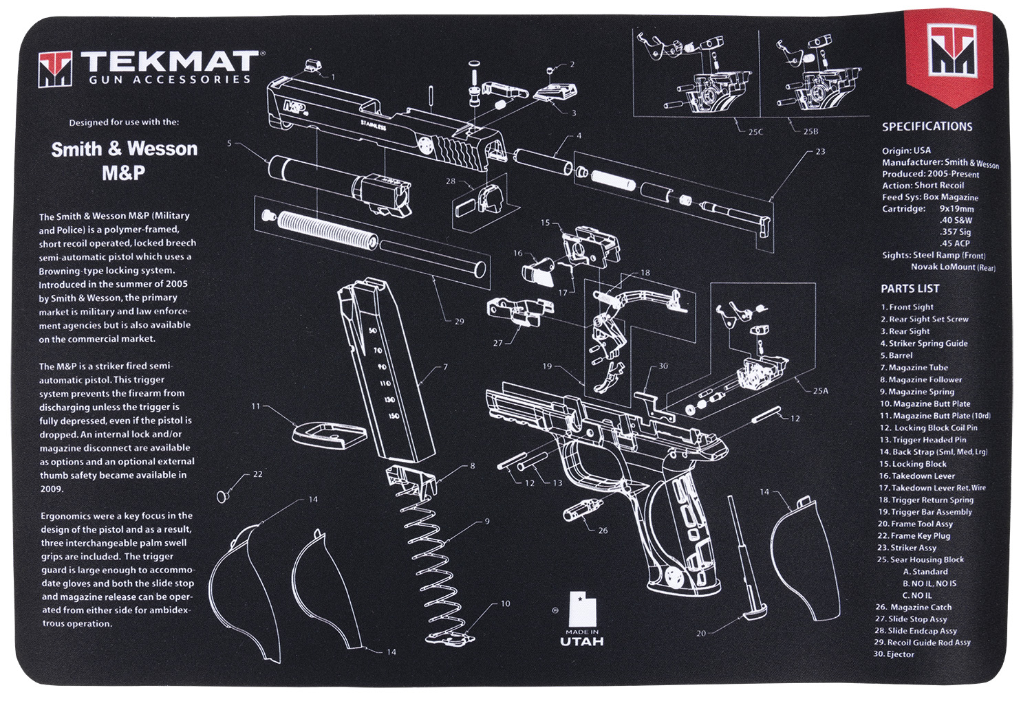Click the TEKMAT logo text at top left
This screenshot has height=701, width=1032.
tap(169, 62)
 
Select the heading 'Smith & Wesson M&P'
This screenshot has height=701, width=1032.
tap(124, 160)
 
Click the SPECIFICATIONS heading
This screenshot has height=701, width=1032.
tap(927, 126)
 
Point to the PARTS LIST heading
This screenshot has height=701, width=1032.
tap(910, 289)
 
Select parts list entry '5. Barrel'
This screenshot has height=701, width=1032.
tap(896, 355)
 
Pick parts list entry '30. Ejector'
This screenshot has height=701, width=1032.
tap(894, 654)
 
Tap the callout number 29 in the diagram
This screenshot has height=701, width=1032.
tap(459, 321)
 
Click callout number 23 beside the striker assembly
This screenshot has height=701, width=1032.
tap(820, 151)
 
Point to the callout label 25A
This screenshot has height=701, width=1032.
tap(820, 390)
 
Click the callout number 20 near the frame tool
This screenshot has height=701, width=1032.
tap(701, 633)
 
